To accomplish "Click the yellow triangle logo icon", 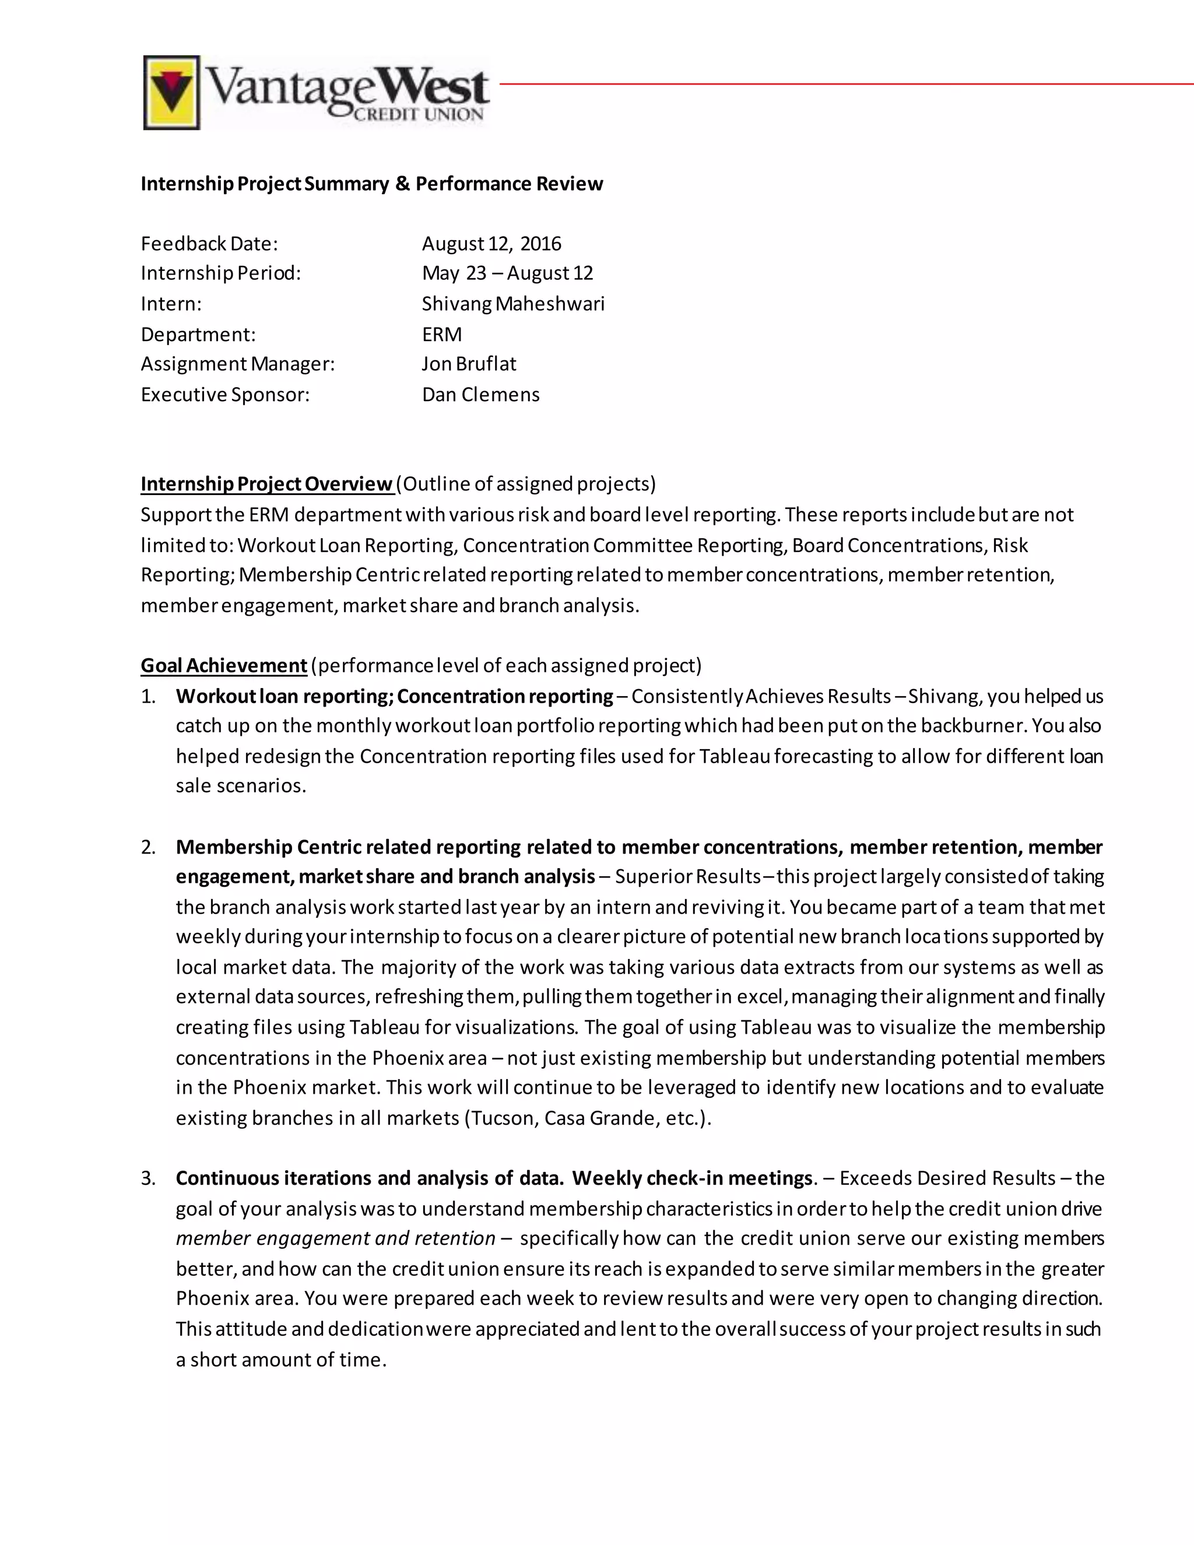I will click(171, 93).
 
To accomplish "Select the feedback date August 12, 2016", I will click(491, 244).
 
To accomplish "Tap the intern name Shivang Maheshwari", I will click(513, 304).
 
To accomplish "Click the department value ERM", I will click(441, 335).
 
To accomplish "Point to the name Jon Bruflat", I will click(468, 364).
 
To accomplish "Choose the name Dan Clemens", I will click(480, 395).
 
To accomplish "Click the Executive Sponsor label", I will click(225, 395).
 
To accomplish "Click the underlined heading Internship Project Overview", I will click(266, 484).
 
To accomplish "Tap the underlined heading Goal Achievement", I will click(223, 666).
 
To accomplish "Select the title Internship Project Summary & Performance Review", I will click(371, 184).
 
